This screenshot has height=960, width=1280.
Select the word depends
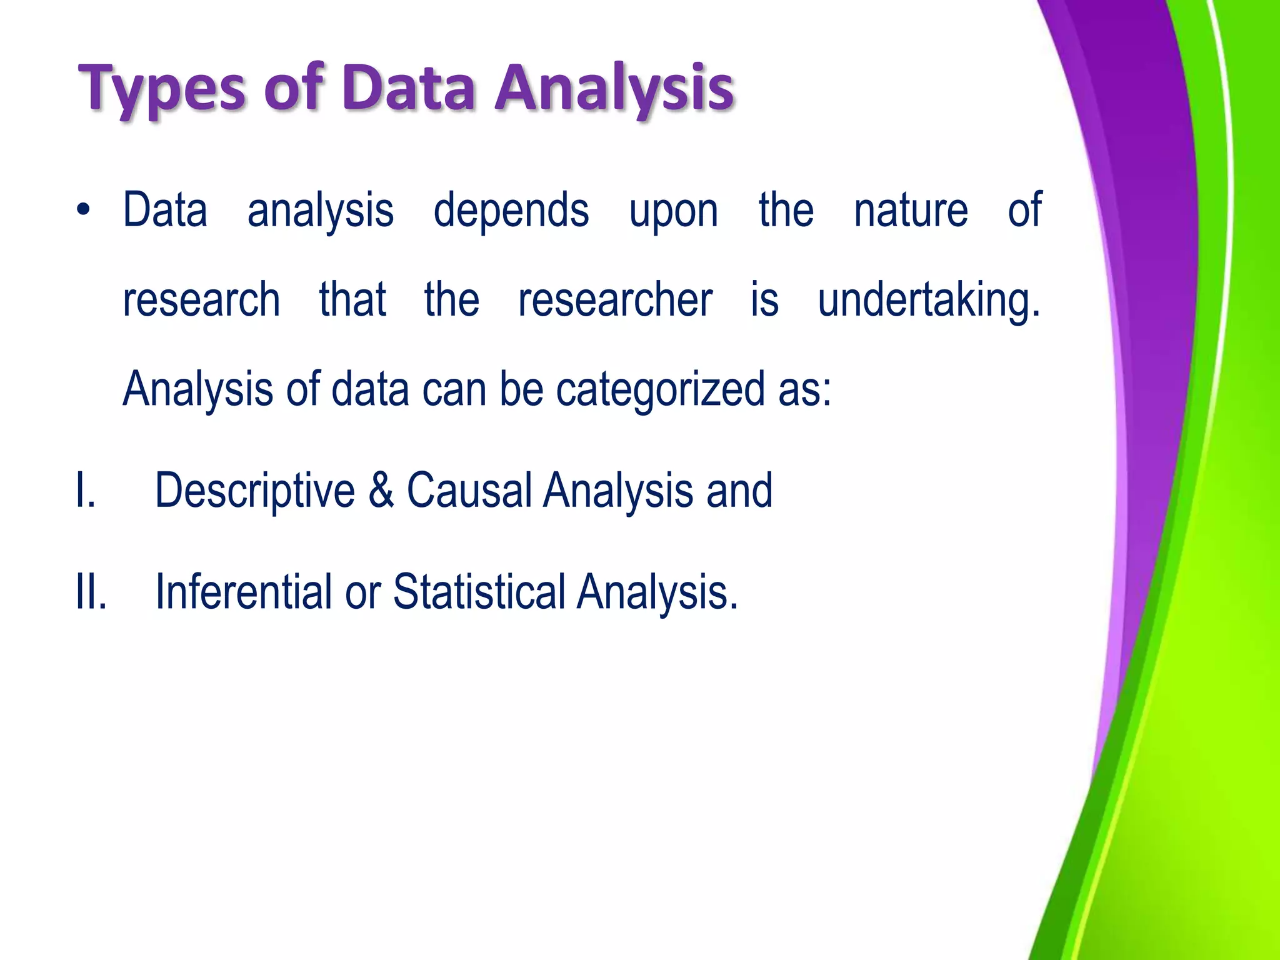click(x=511, y=211)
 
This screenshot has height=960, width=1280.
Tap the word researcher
click(x=615, y=300)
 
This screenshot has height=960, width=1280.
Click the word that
click(x=352, y=300)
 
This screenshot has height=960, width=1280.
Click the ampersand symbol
click(x=381, y=491)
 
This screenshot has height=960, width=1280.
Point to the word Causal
click(x=469, y=491)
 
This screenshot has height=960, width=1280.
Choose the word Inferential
click(x=243, y=592)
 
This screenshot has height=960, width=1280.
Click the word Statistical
click(x=479, y=592)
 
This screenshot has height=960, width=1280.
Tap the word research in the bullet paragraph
click(x=201, y=300)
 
